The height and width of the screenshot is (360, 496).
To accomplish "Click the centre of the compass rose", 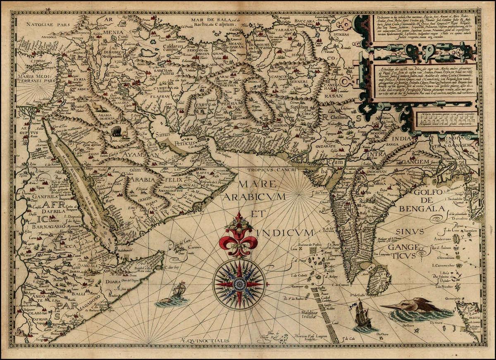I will click(238, 284).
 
